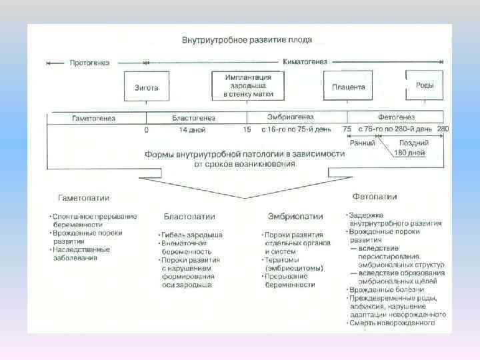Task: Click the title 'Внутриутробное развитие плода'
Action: click(247, 40)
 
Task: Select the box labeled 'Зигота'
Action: click(146, 87)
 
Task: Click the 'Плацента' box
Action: click(348, 87)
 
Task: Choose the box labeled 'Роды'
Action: click(425, 85)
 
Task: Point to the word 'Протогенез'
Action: click(89, 63)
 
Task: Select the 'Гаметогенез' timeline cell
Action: click(94, 118)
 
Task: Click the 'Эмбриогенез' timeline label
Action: click(291, 116)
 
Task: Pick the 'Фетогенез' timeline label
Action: click(396, 117)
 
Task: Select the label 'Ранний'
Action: click(363, 143)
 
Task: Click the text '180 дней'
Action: click(409, 153)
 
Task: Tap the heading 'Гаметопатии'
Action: click(84, 198)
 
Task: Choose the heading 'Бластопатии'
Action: click(189, 217)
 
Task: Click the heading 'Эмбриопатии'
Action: click(295, 216)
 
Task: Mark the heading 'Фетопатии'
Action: click(374, 197)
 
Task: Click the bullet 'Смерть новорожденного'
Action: click(394, 323)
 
